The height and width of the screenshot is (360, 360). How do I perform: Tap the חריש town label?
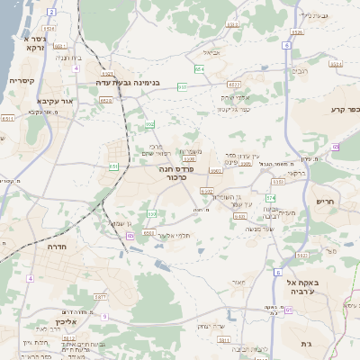click(x=324, y=202)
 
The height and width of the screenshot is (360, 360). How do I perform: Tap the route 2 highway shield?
click(x=51, y=12)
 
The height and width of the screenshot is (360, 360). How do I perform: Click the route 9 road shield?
click(x=103, y=316)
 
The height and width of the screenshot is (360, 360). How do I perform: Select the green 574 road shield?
click(x=270, y=197)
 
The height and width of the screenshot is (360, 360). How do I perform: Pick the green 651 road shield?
click(x=114, y=166)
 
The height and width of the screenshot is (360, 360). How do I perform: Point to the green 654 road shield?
click(x=200, y=68)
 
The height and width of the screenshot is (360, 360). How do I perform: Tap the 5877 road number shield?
click(x=100, y=296)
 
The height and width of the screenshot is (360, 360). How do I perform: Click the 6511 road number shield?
click(x=8, y=118)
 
